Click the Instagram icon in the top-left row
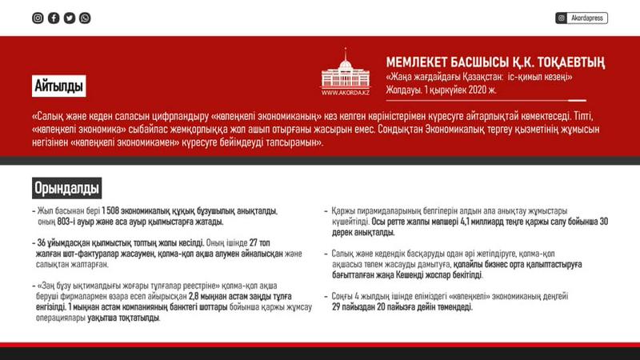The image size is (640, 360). (x=38, y=18)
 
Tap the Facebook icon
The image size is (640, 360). (x=54, y=18)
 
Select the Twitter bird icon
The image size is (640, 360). (x=70, y=18)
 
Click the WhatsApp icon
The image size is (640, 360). (x=85, y=18)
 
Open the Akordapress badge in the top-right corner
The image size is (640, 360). (x=582, y=18)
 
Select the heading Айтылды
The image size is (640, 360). (x=59, y=84)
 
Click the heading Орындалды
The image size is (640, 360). (x=67, y=189)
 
